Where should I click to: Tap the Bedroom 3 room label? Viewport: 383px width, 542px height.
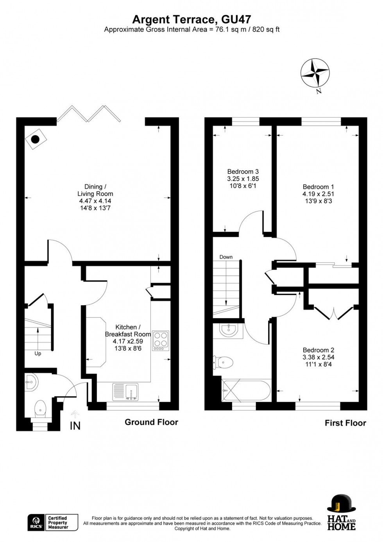[x=243, y=179]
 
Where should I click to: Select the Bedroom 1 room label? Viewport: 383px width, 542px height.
[x=318, y=194]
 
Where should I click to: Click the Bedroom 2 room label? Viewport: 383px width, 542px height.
[x=318, y=357]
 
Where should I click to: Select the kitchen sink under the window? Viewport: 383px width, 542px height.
[x=125, y=392]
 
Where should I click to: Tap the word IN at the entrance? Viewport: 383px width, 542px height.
[x=75, y=426]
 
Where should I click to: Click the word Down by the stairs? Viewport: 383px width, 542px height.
[x=226, y=257]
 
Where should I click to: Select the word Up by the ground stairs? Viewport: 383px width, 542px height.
[x=38, y=354]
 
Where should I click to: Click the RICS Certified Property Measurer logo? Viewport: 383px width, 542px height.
[x=52, y=522]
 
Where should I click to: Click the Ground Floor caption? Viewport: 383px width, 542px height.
[x=151, y=422]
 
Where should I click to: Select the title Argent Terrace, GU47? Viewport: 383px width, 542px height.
[x=191, y=19]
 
